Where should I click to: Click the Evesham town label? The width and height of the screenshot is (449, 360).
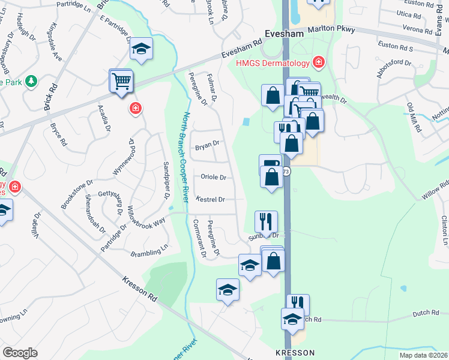point(286,34)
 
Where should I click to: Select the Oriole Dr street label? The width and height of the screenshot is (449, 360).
point(213,177)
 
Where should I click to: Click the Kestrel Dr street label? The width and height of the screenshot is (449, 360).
point(210,199)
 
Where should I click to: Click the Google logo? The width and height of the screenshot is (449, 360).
point(20,352)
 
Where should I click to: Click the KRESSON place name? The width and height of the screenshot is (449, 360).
point(295,353)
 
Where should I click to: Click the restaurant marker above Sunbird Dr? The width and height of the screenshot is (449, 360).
point(265,221)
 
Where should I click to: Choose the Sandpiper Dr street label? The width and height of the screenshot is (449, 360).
point(166,181)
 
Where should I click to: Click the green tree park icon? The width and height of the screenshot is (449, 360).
point(29,81)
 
